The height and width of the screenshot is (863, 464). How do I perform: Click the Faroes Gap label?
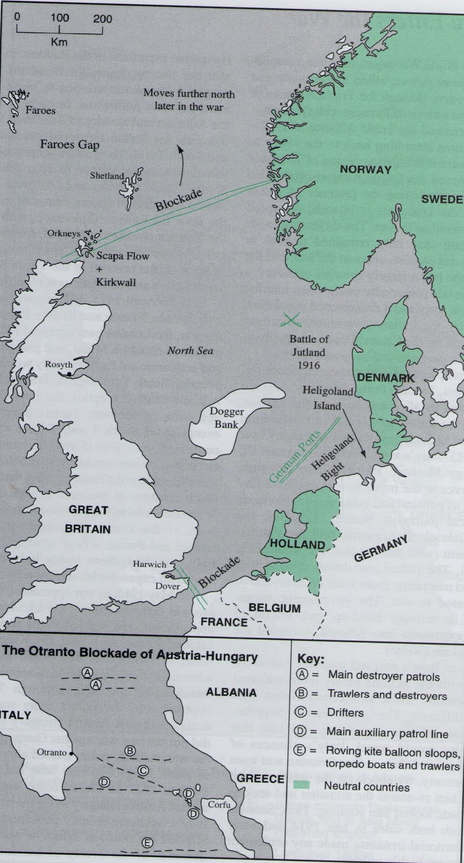[x=70, y=145]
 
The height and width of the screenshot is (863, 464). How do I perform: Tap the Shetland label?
[x=107, y=176]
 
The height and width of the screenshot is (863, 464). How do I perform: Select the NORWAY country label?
[x=365, y=170]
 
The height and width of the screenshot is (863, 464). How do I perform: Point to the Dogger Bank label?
[x=229, y=418]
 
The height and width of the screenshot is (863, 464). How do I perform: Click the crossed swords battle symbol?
[x=292, y=320]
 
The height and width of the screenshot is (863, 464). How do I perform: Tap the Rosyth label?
[x=59, y=365]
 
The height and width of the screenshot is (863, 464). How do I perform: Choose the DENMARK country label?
[x=385, y=378]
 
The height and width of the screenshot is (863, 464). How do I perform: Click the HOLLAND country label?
[x=297, y=544]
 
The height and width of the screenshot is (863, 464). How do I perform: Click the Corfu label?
[x=219, y=804]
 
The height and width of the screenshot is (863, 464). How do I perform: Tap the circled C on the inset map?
[x=143, y=771]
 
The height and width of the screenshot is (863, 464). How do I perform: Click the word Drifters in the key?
[x=345, y=713]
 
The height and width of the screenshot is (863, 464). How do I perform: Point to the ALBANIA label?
[x=231, y=692]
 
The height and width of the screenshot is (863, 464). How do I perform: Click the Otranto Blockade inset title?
[x=130, y=657]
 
